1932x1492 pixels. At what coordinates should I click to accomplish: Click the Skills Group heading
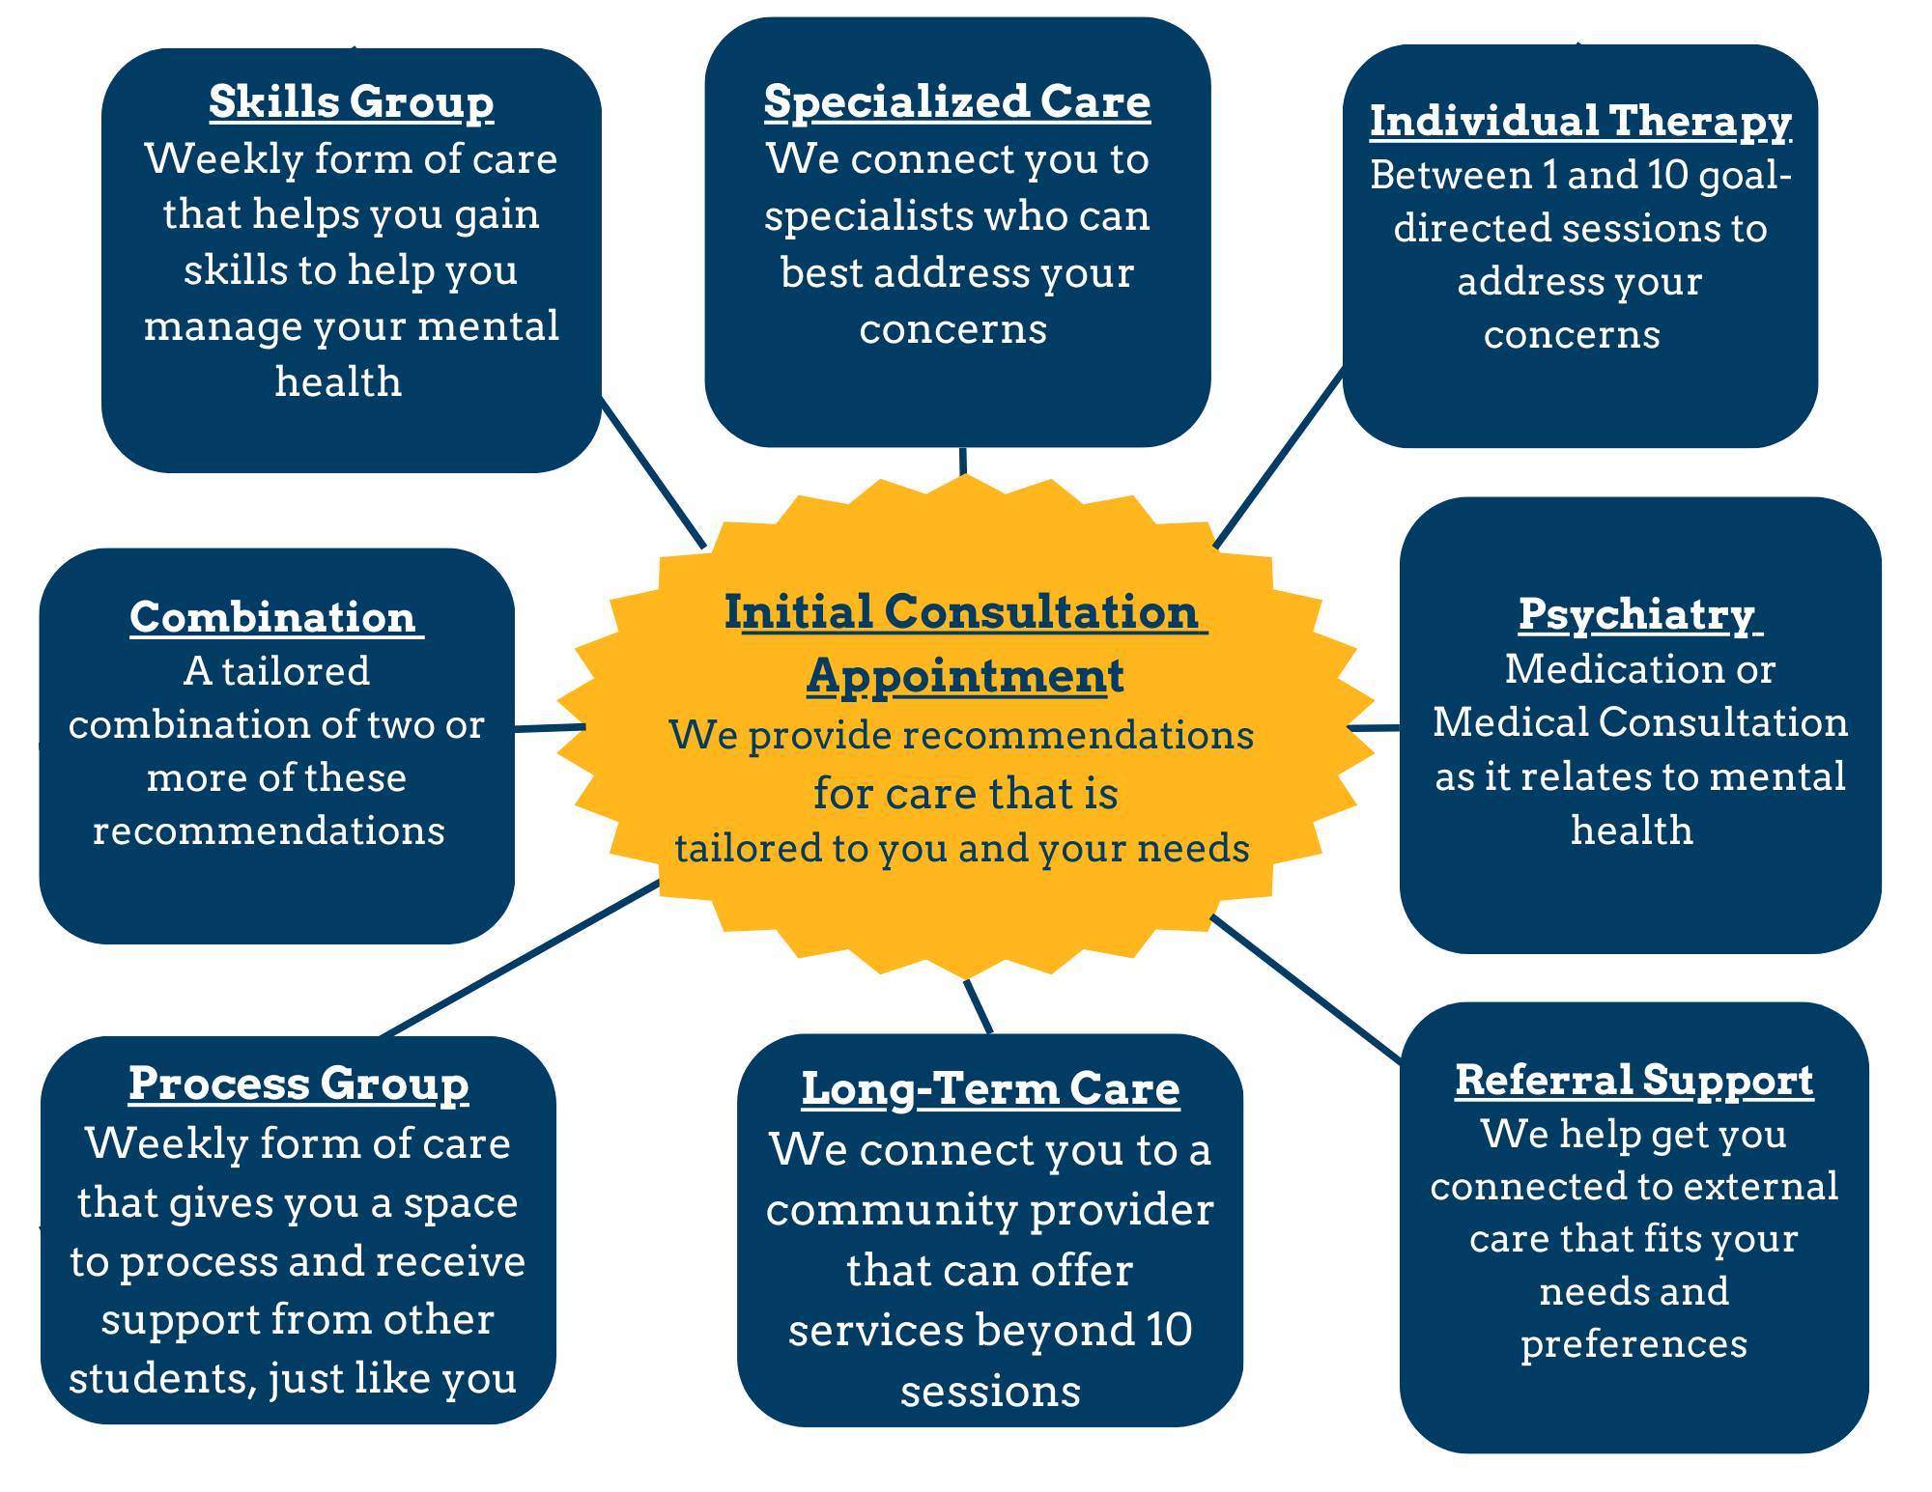[351, 102]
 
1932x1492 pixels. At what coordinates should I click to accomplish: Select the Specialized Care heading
[956, 102]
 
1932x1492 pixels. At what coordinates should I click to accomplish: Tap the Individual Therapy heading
[1579, 122]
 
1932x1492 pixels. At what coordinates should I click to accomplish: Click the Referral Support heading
[1634, 1081]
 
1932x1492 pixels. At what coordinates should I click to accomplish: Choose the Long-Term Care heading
[990, 1089]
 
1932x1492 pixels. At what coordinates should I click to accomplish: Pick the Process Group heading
[298, 1084]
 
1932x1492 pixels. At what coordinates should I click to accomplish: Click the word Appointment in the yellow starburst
[965, 675]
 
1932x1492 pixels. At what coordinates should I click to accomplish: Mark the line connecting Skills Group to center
[653, 473]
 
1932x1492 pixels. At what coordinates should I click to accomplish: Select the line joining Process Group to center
[522, 958]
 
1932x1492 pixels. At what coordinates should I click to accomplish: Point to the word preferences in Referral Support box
[1634, 1344]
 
